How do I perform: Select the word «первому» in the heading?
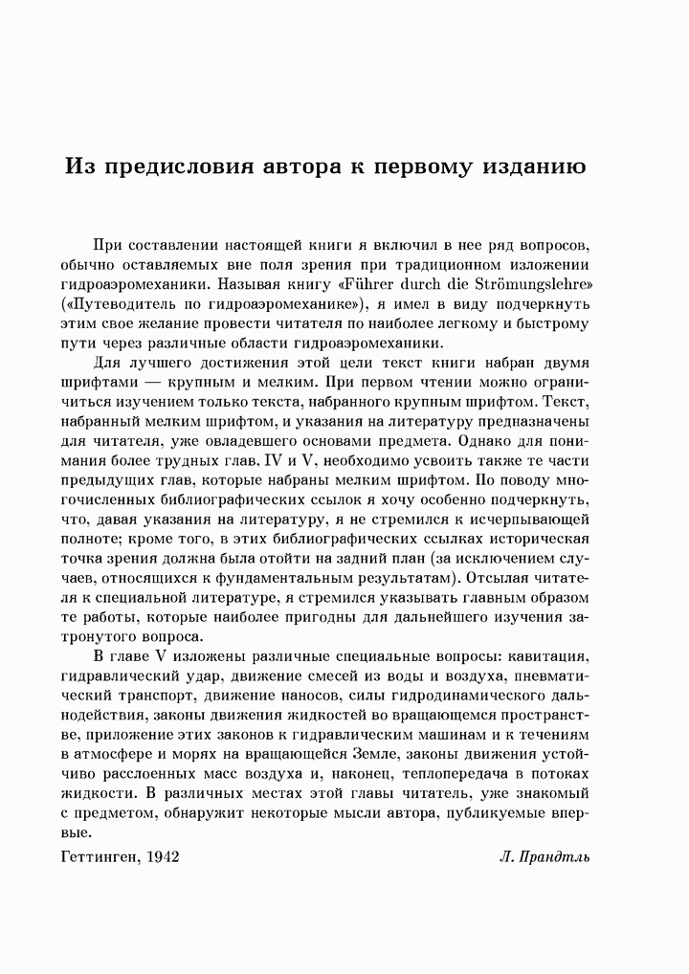coord(415,165)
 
